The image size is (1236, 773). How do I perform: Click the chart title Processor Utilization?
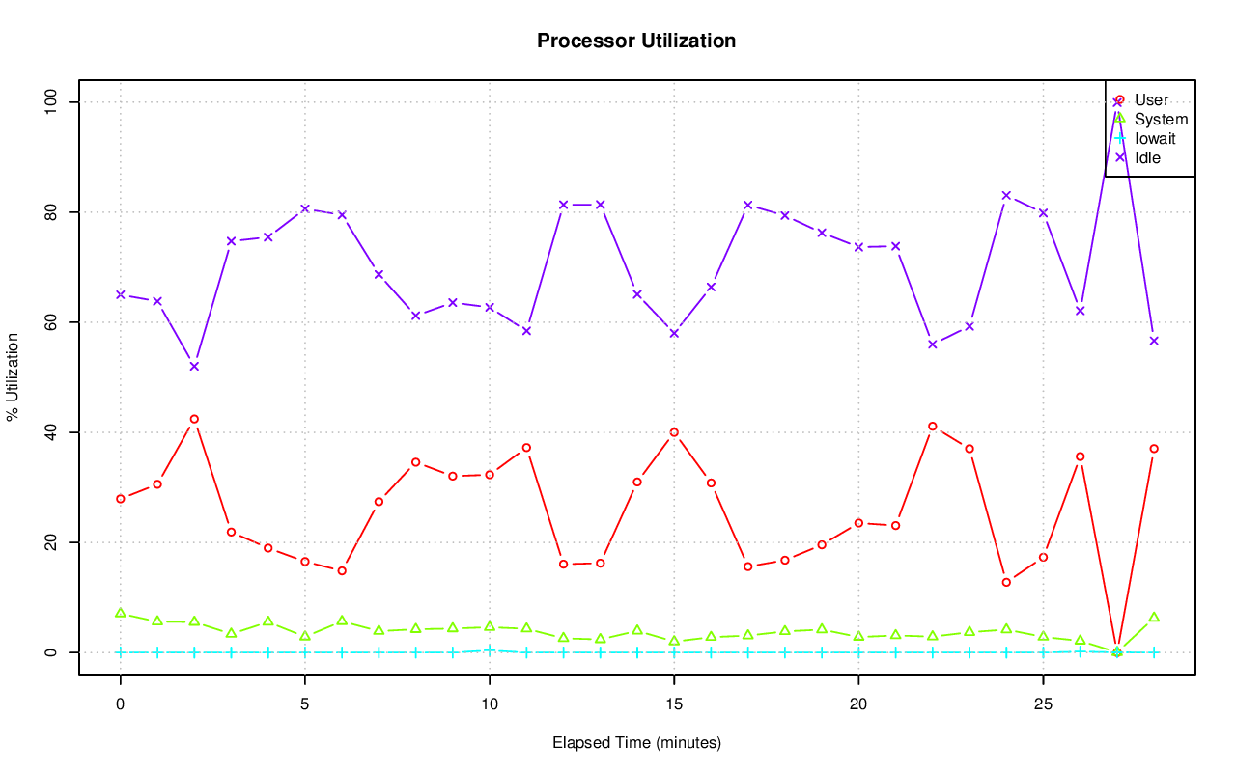point(636,41)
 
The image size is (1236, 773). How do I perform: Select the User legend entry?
point(1151,100)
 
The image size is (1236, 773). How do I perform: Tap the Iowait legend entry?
point(1155,139)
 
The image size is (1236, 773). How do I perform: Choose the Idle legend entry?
point(1147,158)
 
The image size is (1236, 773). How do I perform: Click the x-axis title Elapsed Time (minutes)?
point(636,743)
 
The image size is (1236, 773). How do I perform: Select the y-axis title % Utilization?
point(13,377)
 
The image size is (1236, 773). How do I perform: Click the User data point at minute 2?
point(194,419)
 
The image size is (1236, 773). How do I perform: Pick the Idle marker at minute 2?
point(194,367)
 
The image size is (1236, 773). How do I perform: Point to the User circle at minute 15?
point(674,432)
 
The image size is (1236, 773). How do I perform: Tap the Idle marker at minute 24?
point(1006,195)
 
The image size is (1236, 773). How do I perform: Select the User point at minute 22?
point(932,426)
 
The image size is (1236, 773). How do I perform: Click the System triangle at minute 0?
point(121,613)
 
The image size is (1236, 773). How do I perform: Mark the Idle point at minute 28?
point(1154,341)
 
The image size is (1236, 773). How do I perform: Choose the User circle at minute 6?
point(342,570)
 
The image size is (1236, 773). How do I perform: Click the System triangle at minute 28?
point(1154,617)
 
